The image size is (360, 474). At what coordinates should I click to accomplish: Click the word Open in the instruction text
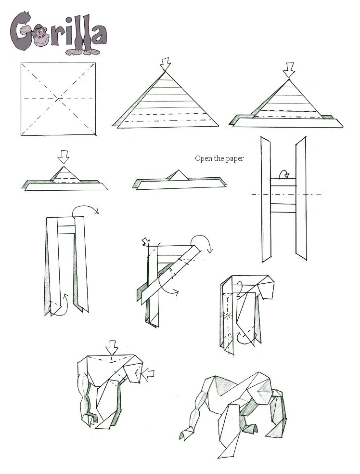point(202,158)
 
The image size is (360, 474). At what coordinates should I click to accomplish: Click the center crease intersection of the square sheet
point(58,98)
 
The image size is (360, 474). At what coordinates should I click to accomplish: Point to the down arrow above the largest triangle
point(165,65)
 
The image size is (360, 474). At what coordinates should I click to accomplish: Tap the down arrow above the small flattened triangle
point(64,157)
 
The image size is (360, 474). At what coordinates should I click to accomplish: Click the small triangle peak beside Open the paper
point(179,175)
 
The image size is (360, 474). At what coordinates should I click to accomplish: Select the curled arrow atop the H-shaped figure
point(283,174)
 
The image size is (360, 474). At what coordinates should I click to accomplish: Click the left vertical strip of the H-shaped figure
point(266,199)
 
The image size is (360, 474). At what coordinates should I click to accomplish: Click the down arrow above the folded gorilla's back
point(112,348)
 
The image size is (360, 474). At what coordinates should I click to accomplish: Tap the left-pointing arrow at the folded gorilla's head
point(149,374)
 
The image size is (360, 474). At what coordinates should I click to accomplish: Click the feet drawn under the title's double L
point(83,52)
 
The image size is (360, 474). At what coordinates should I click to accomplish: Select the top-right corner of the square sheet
point(95,63)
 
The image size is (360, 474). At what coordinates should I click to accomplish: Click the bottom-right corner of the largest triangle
point(219,125)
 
